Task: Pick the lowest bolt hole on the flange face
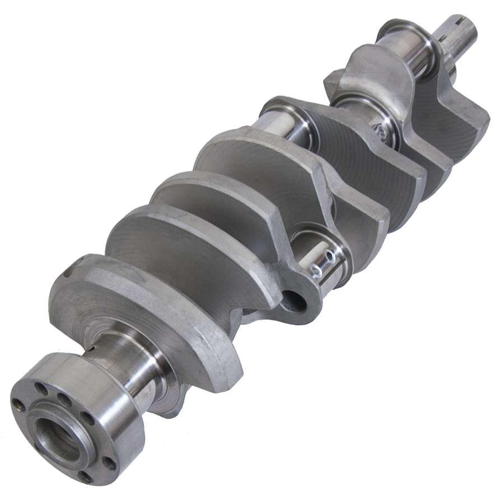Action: pos(85,477)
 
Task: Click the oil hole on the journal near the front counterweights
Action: pos(379,130)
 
